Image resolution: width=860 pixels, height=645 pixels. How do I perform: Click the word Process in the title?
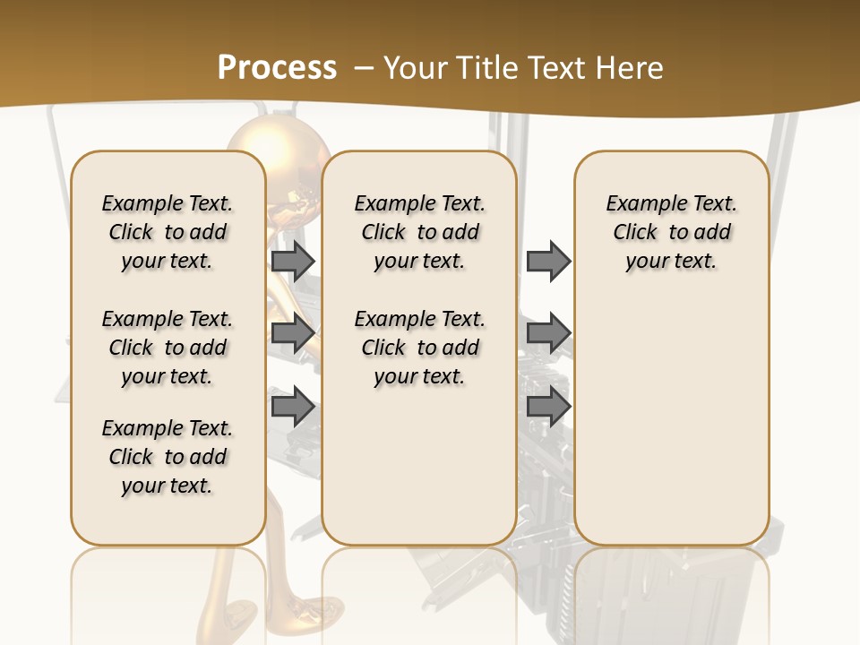[x=277, y=68]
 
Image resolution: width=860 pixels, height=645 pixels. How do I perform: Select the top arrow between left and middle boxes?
[x=293, y=261]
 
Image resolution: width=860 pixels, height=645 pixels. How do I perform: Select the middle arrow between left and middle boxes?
[x=293, y=333]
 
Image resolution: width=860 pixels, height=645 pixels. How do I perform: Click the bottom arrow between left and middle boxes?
[x=293, y=407]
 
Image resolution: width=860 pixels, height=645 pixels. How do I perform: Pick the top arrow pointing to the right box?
[x=548, y=261]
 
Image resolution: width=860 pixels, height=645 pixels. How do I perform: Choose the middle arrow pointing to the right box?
[x=548, y=333]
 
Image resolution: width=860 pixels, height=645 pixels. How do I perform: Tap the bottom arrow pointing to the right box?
[x=548, y=407]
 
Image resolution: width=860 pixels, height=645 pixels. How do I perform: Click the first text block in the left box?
[x=168, y=232]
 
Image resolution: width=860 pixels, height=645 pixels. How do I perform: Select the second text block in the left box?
[x=168, y=348]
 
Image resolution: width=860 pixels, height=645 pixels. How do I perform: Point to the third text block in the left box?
[x=168, y=457]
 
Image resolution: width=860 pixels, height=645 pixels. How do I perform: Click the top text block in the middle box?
[x=419, y=232]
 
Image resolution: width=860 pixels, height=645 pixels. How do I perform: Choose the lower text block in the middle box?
[x=419, y=348]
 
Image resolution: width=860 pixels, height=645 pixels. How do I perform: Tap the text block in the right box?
[x=671, y=232]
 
